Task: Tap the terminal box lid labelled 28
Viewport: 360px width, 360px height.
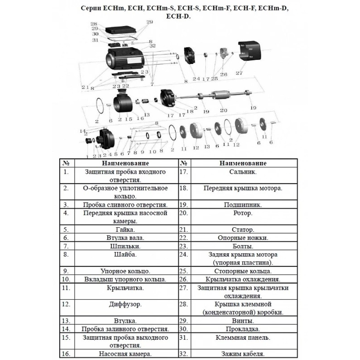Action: [x=121, y=30]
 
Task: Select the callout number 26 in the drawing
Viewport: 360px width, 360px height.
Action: [x=224, y=74]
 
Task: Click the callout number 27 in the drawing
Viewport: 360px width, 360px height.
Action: [x=239, y=73]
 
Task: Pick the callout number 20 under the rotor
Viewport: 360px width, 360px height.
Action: [x=224, y=110]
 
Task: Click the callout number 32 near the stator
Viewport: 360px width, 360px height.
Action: [x=153, y=46]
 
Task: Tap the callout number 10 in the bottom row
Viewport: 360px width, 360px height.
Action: [x=153, y=152]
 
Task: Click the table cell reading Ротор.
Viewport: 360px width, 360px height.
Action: [x=243, y=213]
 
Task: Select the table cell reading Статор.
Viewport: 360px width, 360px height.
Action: [x=243, y=230]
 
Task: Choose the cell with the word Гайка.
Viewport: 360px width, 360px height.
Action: [x=125, y=230]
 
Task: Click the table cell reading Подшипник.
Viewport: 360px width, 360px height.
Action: [x=243, y=205]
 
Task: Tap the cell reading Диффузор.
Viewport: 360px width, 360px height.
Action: [x=125, y=304]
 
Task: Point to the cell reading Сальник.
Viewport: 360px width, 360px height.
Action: [x=243, y=172]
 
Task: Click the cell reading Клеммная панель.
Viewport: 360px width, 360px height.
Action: [x=243, y=338]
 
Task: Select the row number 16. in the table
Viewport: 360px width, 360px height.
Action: [x=66, y=354]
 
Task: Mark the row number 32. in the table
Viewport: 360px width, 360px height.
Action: [x=184, y=354]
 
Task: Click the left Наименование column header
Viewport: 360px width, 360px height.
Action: [x=125, y=163]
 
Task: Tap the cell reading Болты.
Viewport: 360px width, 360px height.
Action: [x=243, y=246]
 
